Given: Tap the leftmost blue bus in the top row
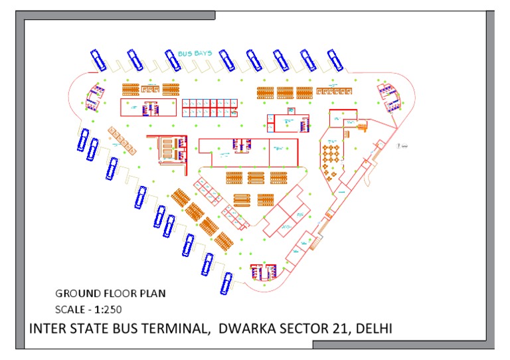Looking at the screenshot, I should tap(98, 60).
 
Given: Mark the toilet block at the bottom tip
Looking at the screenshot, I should tap(263, 271).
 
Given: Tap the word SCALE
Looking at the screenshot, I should tap(70, 309).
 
